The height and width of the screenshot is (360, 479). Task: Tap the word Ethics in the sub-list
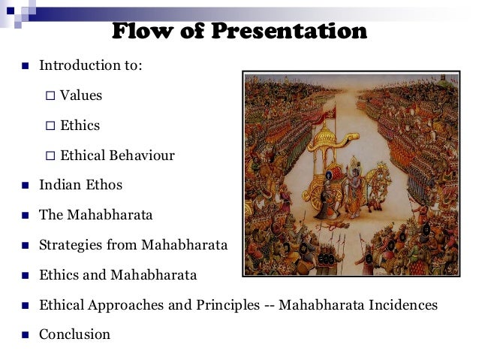(80, 126)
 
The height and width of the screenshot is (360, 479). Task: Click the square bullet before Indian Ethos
(23, 186)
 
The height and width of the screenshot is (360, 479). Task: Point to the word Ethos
(103, 185)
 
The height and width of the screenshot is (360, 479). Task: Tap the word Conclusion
(74, 334)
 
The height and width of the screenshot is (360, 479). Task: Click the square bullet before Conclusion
(23, 335)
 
